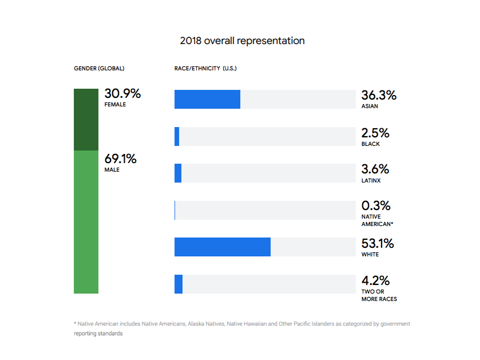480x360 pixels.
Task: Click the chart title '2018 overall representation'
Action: click(x=242, y=41)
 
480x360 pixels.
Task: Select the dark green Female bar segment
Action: click(x=86, y=120)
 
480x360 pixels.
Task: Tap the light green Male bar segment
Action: click(x=86, y=222)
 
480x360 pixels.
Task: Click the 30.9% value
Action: click(x=122, y=94)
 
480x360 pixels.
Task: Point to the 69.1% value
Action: click(x=120, y=159)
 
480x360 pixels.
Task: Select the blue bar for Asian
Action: click(x=207, y=99)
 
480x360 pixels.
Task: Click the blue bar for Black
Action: click(x=177, y=137)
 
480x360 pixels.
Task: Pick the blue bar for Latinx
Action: click(x=178, y=173)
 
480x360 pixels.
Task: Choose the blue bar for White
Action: click(x=223, y=247)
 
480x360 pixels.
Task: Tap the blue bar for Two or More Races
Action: click(x=178, y=284)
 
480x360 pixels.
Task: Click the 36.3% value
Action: click(x=379, y=95)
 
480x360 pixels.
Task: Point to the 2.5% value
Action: click(x=375, y=133)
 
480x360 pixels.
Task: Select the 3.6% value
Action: click(x=375, y=169)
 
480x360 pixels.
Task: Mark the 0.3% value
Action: click(x=376, y=205)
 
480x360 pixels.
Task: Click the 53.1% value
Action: click(x=378, y=244)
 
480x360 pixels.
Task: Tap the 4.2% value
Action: click(x=376, y=280)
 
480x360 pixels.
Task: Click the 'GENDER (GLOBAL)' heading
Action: click(x=99, y=68)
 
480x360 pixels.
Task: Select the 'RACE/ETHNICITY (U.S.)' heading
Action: click(x=205, y=68)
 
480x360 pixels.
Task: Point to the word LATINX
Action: click(x=371, y=181)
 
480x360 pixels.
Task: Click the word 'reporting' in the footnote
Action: click(x=85, y=333)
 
